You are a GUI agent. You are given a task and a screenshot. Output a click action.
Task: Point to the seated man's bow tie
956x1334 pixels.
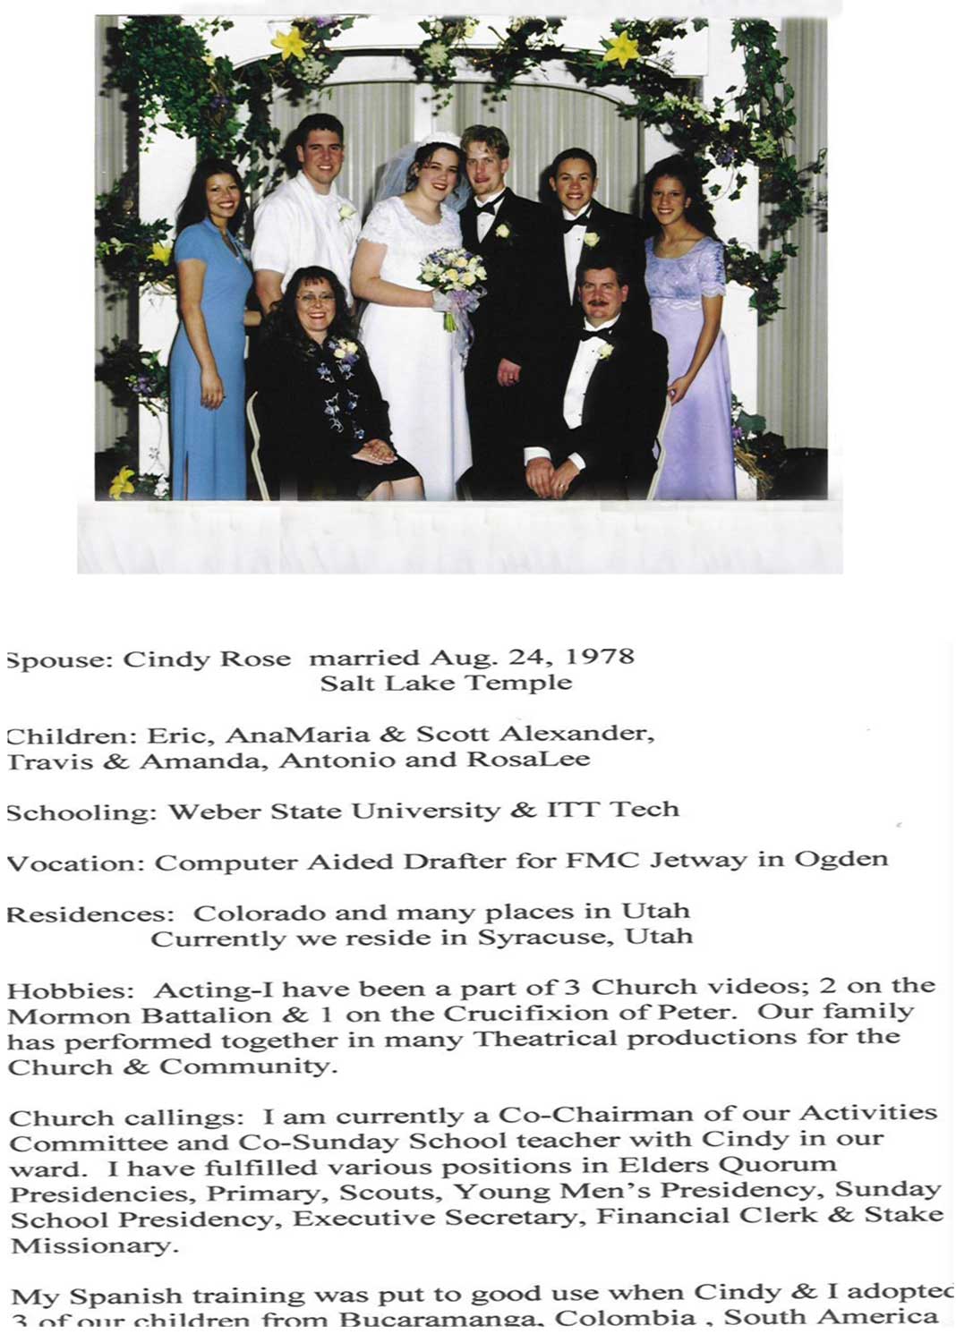[x=595, y=334]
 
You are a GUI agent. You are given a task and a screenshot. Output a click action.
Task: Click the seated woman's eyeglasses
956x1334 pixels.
[x=314, y=298]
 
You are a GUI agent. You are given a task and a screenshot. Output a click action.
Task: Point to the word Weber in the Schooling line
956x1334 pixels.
[x=209, y=812]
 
